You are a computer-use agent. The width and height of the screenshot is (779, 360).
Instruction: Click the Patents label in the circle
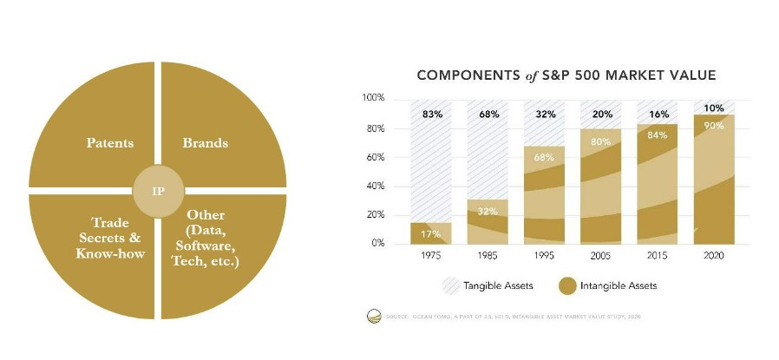click(x=109, y=143)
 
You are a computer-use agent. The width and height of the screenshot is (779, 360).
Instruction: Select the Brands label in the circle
click(x=205, y=143)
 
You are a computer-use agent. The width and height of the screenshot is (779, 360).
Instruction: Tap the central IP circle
click(x=158, y=189)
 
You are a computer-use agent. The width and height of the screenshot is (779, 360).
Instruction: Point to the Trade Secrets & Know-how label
click(x=110, y=238)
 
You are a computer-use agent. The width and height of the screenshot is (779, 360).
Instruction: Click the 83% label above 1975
click(x=431, y=114)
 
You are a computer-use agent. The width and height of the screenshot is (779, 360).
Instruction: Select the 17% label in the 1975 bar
click(x=431, y=233)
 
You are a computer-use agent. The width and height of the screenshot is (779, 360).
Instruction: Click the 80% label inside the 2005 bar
click(x=600, y=141)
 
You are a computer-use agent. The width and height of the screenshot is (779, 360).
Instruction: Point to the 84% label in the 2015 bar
click(x=657, y=135)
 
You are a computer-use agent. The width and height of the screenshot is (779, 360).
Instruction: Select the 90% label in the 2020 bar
click(x=713, y=125)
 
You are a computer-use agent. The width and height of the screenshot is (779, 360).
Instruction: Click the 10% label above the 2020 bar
click(x=713, y=108)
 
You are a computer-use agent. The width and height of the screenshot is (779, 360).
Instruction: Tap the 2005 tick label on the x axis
click(x=600, y=257)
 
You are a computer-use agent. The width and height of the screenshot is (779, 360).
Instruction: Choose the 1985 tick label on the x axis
click(x=487, y=257)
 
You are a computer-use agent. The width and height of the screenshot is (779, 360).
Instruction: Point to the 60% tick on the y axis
click(x=374, y=157)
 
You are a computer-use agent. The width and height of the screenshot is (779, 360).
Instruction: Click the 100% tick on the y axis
click(x=372, y=99)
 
